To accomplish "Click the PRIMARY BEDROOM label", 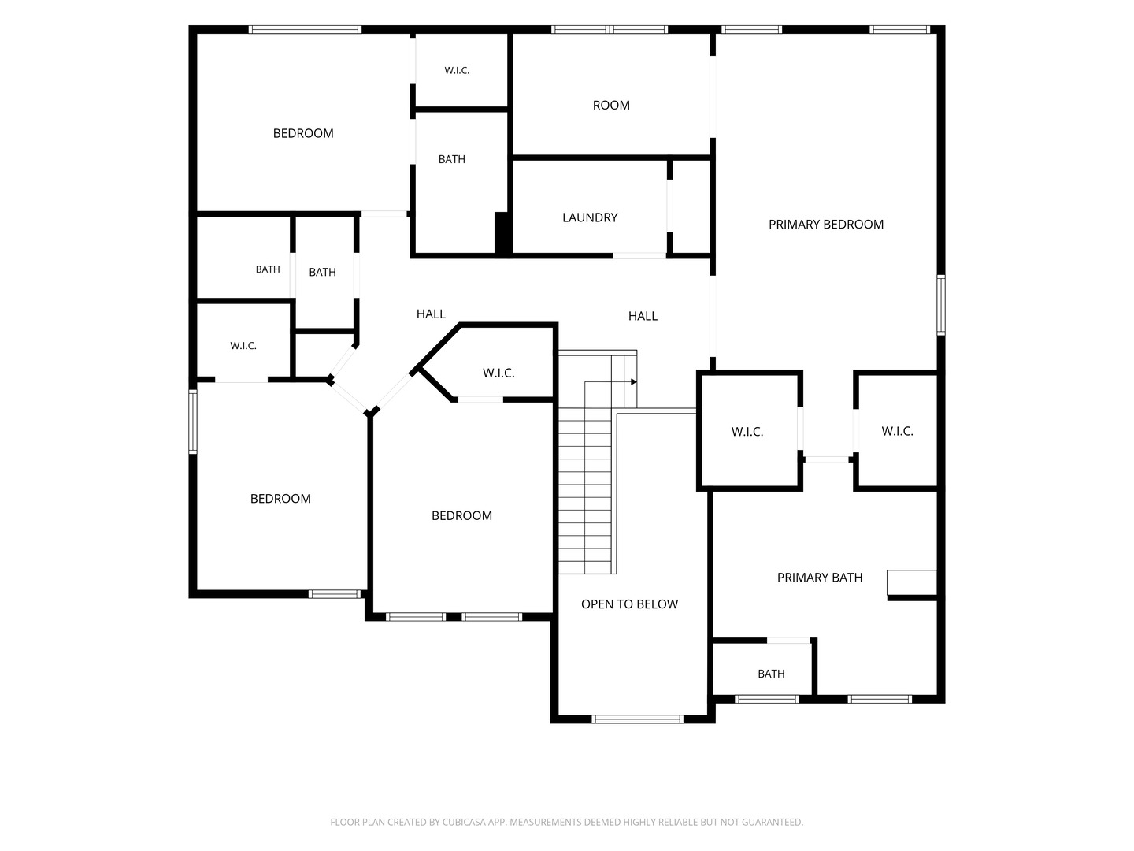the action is click(x=825, y=225).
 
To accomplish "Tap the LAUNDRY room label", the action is click(x=590, y=217).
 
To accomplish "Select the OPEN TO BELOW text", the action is click(x=629, y=604).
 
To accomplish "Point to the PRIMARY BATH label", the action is click(x=820, y=577).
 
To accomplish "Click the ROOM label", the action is click(x=611, y=106).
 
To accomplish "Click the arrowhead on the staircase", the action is click(x=634, y=382).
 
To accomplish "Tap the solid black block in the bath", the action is click(x=502, y=233).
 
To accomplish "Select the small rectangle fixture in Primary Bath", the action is click(x=912, y=582).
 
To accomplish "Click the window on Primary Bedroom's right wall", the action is click(x=941, y=305).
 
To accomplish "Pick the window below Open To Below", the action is click(x=638, y=719).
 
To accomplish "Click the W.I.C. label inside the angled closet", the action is click(x=498, y=373).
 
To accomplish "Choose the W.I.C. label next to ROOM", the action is click(x=457, y=71).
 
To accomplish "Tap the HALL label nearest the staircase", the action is click(x=643, y=316).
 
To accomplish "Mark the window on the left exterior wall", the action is click(x=193, y=422).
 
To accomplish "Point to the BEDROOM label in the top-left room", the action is click(x=303, y=133).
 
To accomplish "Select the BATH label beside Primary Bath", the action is click(x=771, y=674).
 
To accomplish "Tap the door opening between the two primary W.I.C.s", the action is click(x=827, y=459).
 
